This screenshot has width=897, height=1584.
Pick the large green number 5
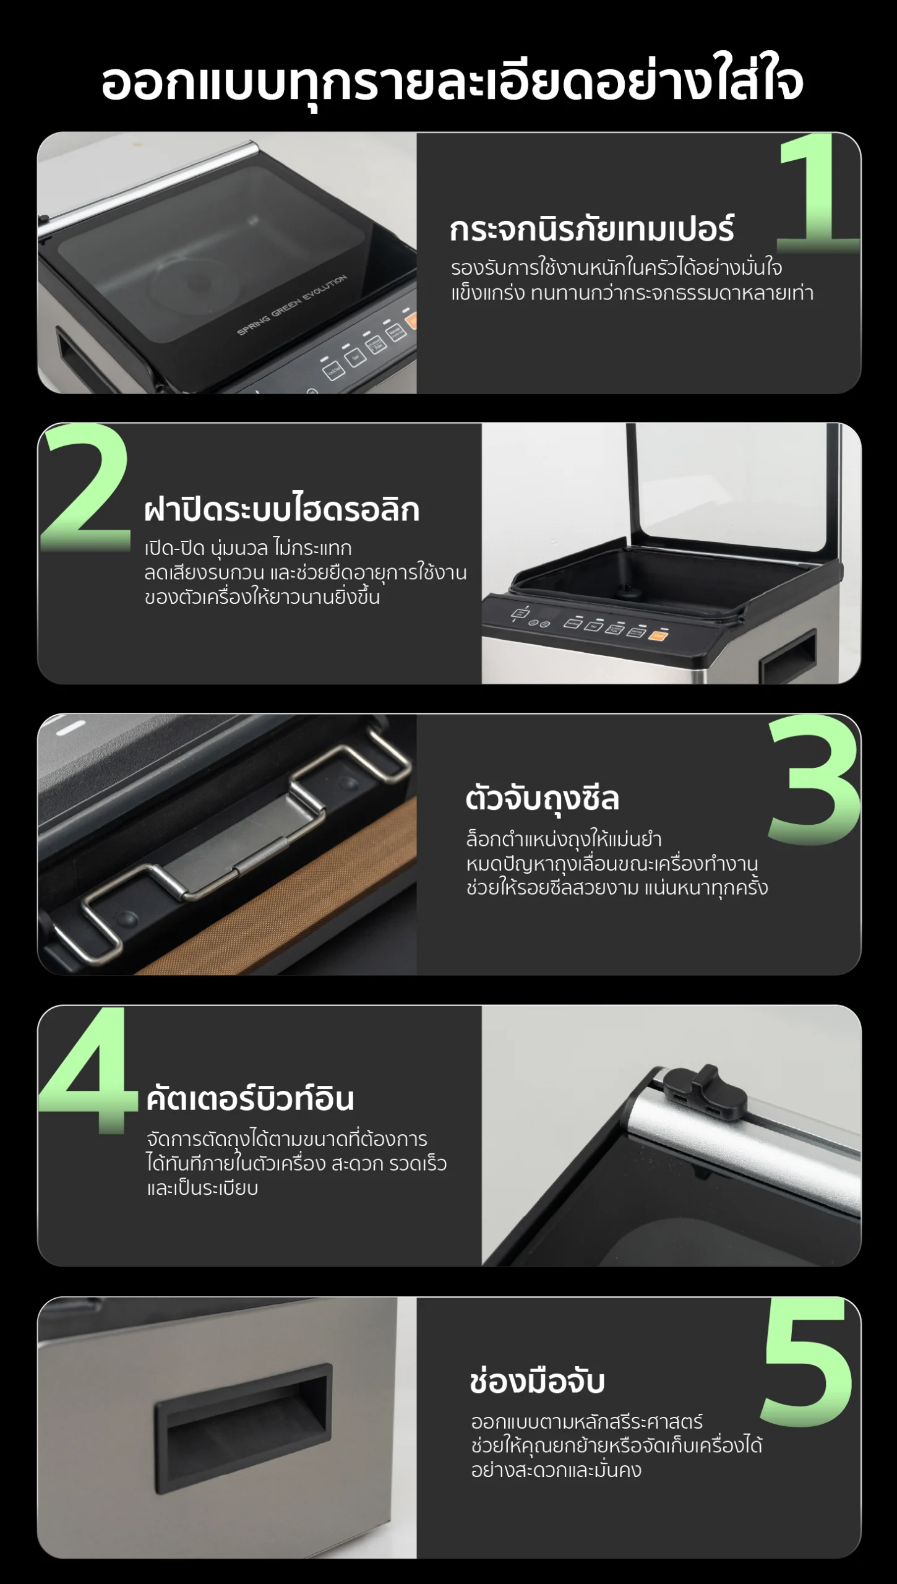point(808,1361)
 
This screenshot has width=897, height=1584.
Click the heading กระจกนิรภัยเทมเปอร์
point(591,230)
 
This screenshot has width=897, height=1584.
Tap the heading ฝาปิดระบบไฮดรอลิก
point(282,510)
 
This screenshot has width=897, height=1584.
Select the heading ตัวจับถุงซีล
point(542,799)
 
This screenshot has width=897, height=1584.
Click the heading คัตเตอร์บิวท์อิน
point(250,1100)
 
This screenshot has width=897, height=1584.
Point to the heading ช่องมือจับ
point(537,1381)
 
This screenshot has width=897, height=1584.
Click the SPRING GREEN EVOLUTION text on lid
point(292,304)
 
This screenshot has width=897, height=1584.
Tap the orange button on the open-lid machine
point(658,635)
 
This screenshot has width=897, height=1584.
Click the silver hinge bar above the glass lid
point(148,183)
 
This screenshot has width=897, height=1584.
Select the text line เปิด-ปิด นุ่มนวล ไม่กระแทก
point(248,548)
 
